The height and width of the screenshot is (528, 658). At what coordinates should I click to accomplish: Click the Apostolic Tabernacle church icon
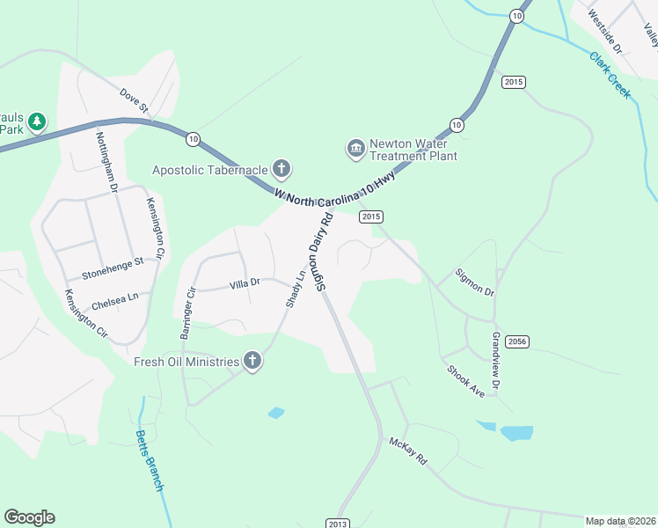click(281, 168)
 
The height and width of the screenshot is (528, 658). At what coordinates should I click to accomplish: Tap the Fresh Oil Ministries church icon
click(252, 361)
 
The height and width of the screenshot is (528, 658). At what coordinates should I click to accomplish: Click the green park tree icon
click(36, 121)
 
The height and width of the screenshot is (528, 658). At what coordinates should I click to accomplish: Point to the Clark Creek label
click(610, 75)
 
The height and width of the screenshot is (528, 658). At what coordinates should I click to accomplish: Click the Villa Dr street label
click(245, 283)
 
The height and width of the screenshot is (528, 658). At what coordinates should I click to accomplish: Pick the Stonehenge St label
click(112, 264)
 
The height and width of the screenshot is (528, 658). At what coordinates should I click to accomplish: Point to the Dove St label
click(134, 100)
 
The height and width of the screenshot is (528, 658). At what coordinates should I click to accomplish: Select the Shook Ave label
click(465, 381)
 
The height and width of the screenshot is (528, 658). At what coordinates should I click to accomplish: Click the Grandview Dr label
click(496, 361)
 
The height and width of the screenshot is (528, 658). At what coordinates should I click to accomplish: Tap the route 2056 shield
click(517, 341)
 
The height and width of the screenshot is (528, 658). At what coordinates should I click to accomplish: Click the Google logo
click(29, 517)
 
